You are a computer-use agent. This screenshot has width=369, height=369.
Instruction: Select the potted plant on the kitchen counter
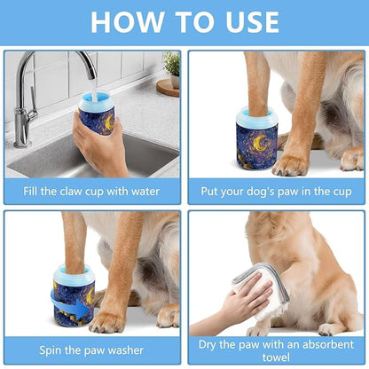[171, 67]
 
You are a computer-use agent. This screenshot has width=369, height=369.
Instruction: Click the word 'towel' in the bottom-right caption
[276, 358]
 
